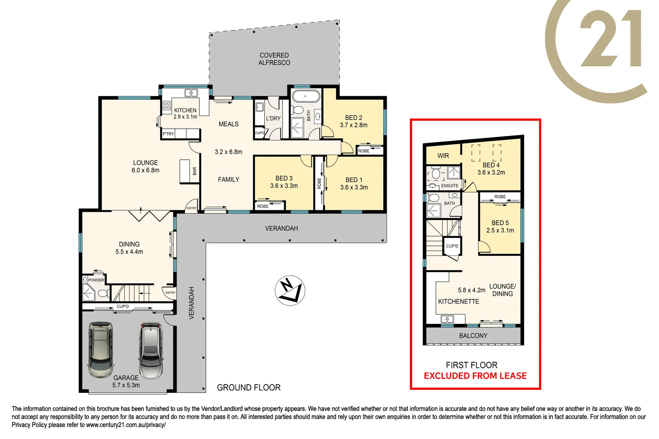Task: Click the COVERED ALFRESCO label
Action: coord(274,59)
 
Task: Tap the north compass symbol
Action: coord(290,291)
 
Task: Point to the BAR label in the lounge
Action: coord(195,171)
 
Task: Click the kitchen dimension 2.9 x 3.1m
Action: coord(185,117)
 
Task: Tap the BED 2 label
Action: coord(354,118)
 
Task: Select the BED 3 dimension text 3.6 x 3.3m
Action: coord(284,186)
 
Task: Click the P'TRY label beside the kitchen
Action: coord(168,134)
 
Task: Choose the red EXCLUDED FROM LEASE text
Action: coord(475,376)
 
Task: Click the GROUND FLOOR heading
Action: coord(249,388)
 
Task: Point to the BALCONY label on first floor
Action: coord(473,336)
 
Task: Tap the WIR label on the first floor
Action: coord(443,156)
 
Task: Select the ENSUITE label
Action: coord(449,186)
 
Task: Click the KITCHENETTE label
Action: coord(458,302)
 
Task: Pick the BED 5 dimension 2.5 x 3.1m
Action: coord(500,230)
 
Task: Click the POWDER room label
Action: coord(96,280)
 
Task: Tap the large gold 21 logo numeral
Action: coord(611,40)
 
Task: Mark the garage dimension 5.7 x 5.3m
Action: coord(126,385)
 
